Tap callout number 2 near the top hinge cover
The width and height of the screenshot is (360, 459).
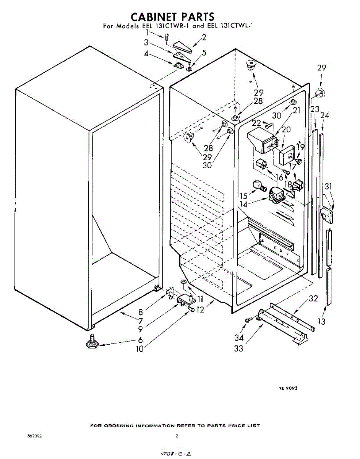(204, 37)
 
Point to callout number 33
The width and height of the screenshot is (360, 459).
(239, 348)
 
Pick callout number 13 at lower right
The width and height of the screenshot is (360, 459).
(322, 322)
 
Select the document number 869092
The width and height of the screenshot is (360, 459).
(34, 436)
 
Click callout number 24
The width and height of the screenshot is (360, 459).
(324, 115)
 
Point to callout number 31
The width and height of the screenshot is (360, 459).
(328, 187)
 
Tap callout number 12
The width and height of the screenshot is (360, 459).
(200, 310)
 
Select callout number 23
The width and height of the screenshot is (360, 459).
(314, 109)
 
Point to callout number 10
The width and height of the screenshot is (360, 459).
(139, 349)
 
